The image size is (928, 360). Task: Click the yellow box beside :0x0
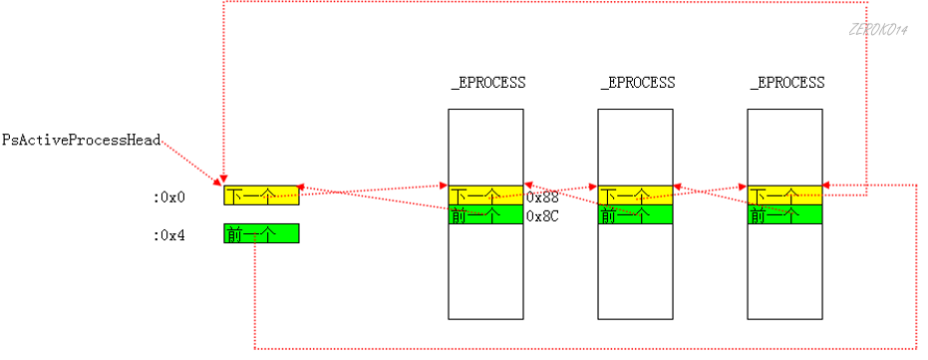(260, 194)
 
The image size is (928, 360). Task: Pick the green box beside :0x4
(260, 233)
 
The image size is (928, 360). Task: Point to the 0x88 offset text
(542, 196)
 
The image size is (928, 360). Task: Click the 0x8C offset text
(542, 215)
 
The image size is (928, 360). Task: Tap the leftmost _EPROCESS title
(487, 83)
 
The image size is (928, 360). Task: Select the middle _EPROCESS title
(637, 83)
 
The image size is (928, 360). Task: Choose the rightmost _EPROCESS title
(786, 83)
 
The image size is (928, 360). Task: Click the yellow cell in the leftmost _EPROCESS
(485, 195)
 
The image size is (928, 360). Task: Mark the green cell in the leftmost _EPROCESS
(485, 214)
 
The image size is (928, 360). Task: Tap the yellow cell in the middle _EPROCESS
(635, 195)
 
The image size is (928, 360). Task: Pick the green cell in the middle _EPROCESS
(635, 214)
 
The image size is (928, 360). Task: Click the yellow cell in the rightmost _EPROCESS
(784, 195)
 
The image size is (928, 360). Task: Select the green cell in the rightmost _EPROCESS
(784, 214)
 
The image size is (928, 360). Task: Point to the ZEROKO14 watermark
(877, 32)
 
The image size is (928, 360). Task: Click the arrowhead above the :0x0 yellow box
(224, 180)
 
